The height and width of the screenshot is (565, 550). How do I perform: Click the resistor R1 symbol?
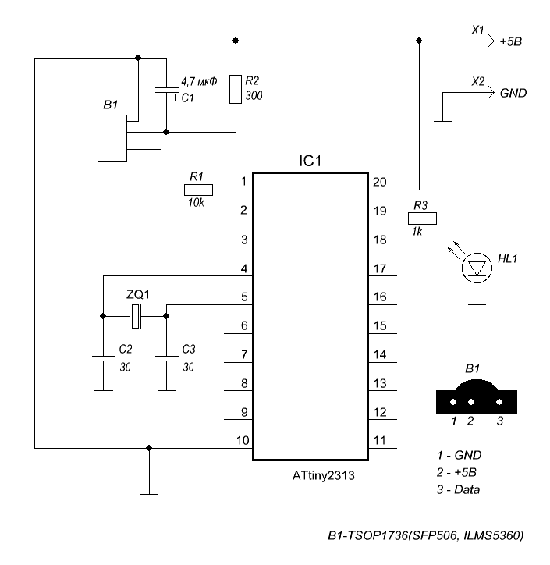pos(198,189)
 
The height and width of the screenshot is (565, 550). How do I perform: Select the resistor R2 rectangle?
pos(236,90)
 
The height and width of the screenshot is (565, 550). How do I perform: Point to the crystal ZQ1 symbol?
pos(136,316)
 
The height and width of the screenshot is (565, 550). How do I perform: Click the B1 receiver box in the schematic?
pos(112,138)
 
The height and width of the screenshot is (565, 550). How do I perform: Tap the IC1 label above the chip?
pos(310,162)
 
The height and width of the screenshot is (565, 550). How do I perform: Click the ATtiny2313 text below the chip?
pos(310,474)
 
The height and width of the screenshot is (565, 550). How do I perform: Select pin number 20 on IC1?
pos(380,182)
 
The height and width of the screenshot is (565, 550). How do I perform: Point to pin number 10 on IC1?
pos(243,441)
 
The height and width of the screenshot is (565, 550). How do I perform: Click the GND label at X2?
pos(513,92)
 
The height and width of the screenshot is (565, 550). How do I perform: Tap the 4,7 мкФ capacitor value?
pos(200,81)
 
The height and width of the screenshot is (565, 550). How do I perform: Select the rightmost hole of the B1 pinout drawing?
pos(500,402)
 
